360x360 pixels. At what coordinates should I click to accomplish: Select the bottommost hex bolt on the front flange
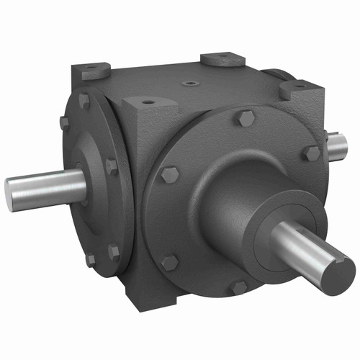(238, 287)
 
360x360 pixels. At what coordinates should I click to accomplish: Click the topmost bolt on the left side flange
(84, 100)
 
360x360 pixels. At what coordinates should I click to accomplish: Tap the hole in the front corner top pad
(148, 102)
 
